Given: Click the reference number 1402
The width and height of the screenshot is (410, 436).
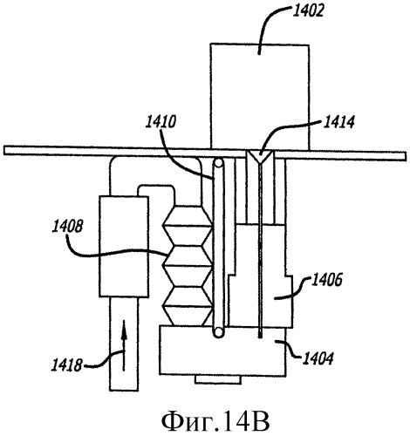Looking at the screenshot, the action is click(307, 12).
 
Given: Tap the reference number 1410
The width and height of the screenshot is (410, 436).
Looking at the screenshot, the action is click(161, 122).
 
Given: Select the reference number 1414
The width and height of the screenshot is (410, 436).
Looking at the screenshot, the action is click(338, 122).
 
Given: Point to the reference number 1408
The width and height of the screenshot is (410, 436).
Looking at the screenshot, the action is click(67, 227).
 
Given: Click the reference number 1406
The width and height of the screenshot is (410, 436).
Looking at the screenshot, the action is click(326, 280).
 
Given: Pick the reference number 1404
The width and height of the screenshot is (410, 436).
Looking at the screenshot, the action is click(318, 358).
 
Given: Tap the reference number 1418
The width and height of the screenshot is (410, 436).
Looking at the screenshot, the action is click(66, 365).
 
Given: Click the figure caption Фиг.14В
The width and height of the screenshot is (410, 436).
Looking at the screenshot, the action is click(215, 420).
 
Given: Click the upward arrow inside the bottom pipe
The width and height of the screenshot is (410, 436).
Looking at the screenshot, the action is click(124, 345).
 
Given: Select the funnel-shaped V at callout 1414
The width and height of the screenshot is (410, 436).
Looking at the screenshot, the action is click(261, 157).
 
